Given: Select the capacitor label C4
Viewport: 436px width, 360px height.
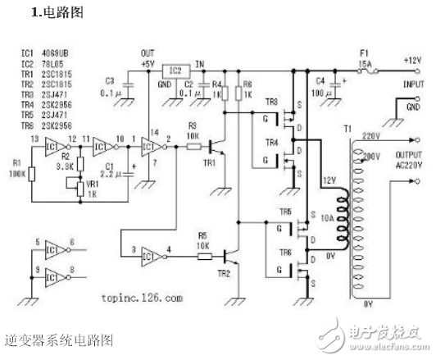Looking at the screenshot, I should (320, 80).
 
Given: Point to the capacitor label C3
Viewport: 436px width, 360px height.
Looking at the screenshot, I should (110, 80).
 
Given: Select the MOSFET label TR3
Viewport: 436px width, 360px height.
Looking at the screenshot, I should (271, 101).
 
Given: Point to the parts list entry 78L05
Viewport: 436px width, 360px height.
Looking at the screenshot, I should (57, 62).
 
